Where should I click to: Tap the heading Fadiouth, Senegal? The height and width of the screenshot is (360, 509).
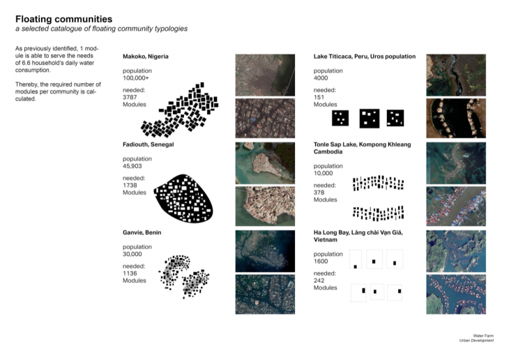[x=148, y=144]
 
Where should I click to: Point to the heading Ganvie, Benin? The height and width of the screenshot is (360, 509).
[x=142, y=232]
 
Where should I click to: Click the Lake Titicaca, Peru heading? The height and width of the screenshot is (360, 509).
[x=364, y=57]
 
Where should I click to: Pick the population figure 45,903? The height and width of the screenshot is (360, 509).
[x=134, y=165]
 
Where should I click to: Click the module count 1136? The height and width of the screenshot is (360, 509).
[x=130, y=273]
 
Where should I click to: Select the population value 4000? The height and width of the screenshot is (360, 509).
[x=321, y=77]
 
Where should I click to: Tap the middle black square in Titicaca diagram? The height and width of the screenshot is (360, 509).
[x=369, y=119]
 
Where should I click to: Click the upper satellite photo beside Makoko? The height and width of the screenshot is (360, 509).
[x=257, y=74]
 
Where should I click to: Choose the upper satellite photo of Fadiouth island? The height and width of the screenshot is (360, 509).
[x=257, y=163]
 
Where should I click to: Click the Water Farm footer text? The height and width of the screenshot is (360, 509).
[x=483, y=336]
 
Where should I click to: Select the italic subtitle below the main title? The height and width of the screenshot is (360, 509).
[x=102, y=29]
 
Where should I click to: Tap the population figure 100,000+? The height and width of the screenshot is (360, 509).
[x=135, y=77]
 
